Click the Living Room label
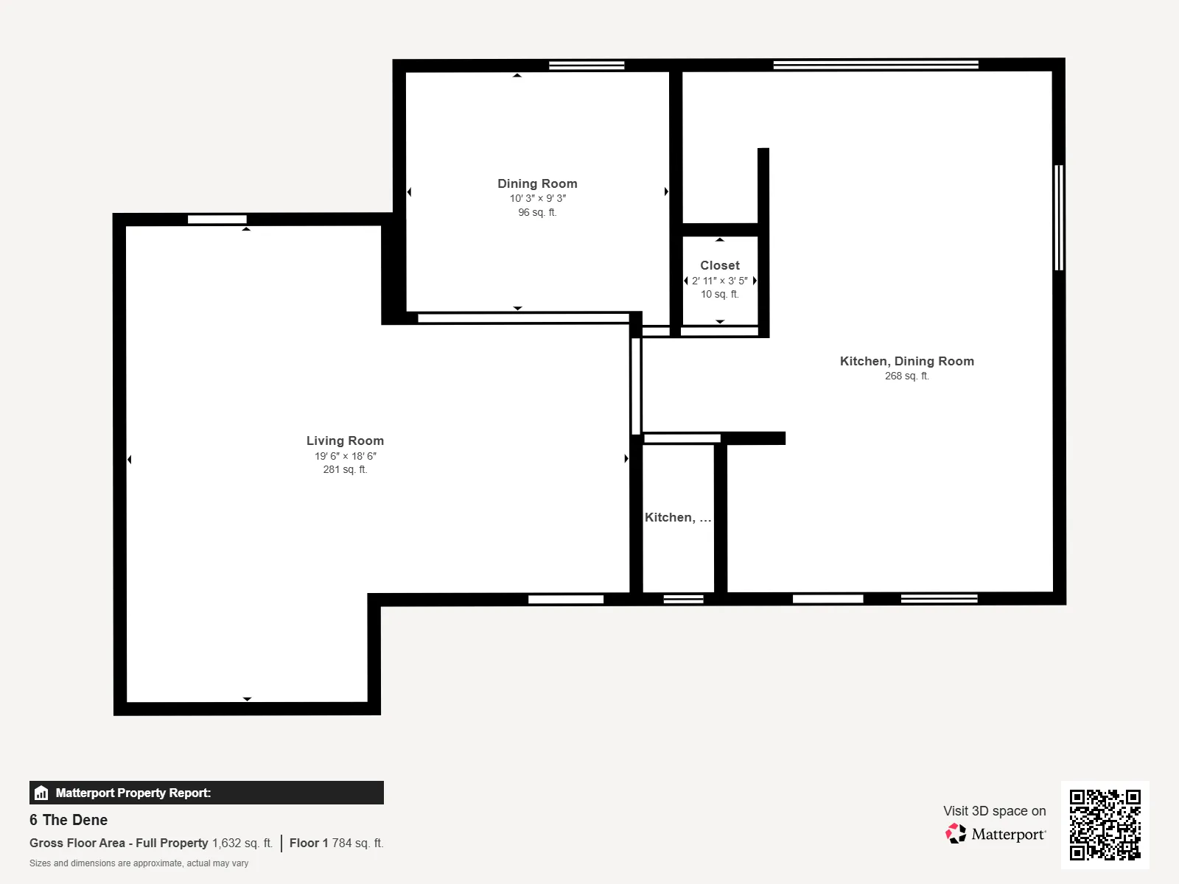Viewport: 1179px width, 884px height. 345,441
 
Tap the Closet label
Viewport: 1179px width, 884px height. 720,265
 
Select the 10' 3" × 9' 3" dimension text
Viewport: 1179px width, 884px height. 538,199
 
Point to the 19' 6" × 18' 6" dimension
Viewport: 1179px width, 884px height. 346,456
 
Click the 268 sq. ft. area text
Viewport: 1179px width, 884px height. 906,376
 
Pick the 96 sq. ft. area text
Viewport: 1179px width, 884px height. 537,213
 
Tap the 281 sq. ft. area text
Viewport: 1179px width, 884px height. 345,470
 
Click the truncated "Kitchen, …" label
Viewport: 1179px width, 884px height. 678,517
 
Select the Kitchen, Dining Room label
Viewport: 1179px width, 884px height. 906,361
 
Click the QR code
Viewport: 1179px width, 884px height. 1105,825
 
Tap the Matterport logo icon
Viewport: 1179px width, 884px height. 956,834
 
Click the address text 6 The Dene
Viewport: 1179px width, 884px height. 69,820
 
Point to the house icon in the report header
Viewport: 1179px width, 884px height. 41,793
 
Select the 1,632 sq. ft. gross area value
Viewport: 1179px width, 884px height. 242,843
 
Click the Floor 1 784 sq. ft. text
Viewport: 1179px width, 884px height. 336,843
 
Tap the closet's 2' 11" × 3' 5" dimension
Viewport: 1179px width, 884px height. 720,281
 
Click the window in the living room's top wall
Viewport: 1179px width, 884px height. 217,219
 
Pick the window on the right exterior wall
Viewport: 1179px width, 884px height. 1059,217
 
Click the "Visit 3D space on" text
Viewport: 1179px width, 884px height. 994,811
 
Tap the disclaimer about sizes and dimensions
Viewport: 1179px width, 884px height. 139,863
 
